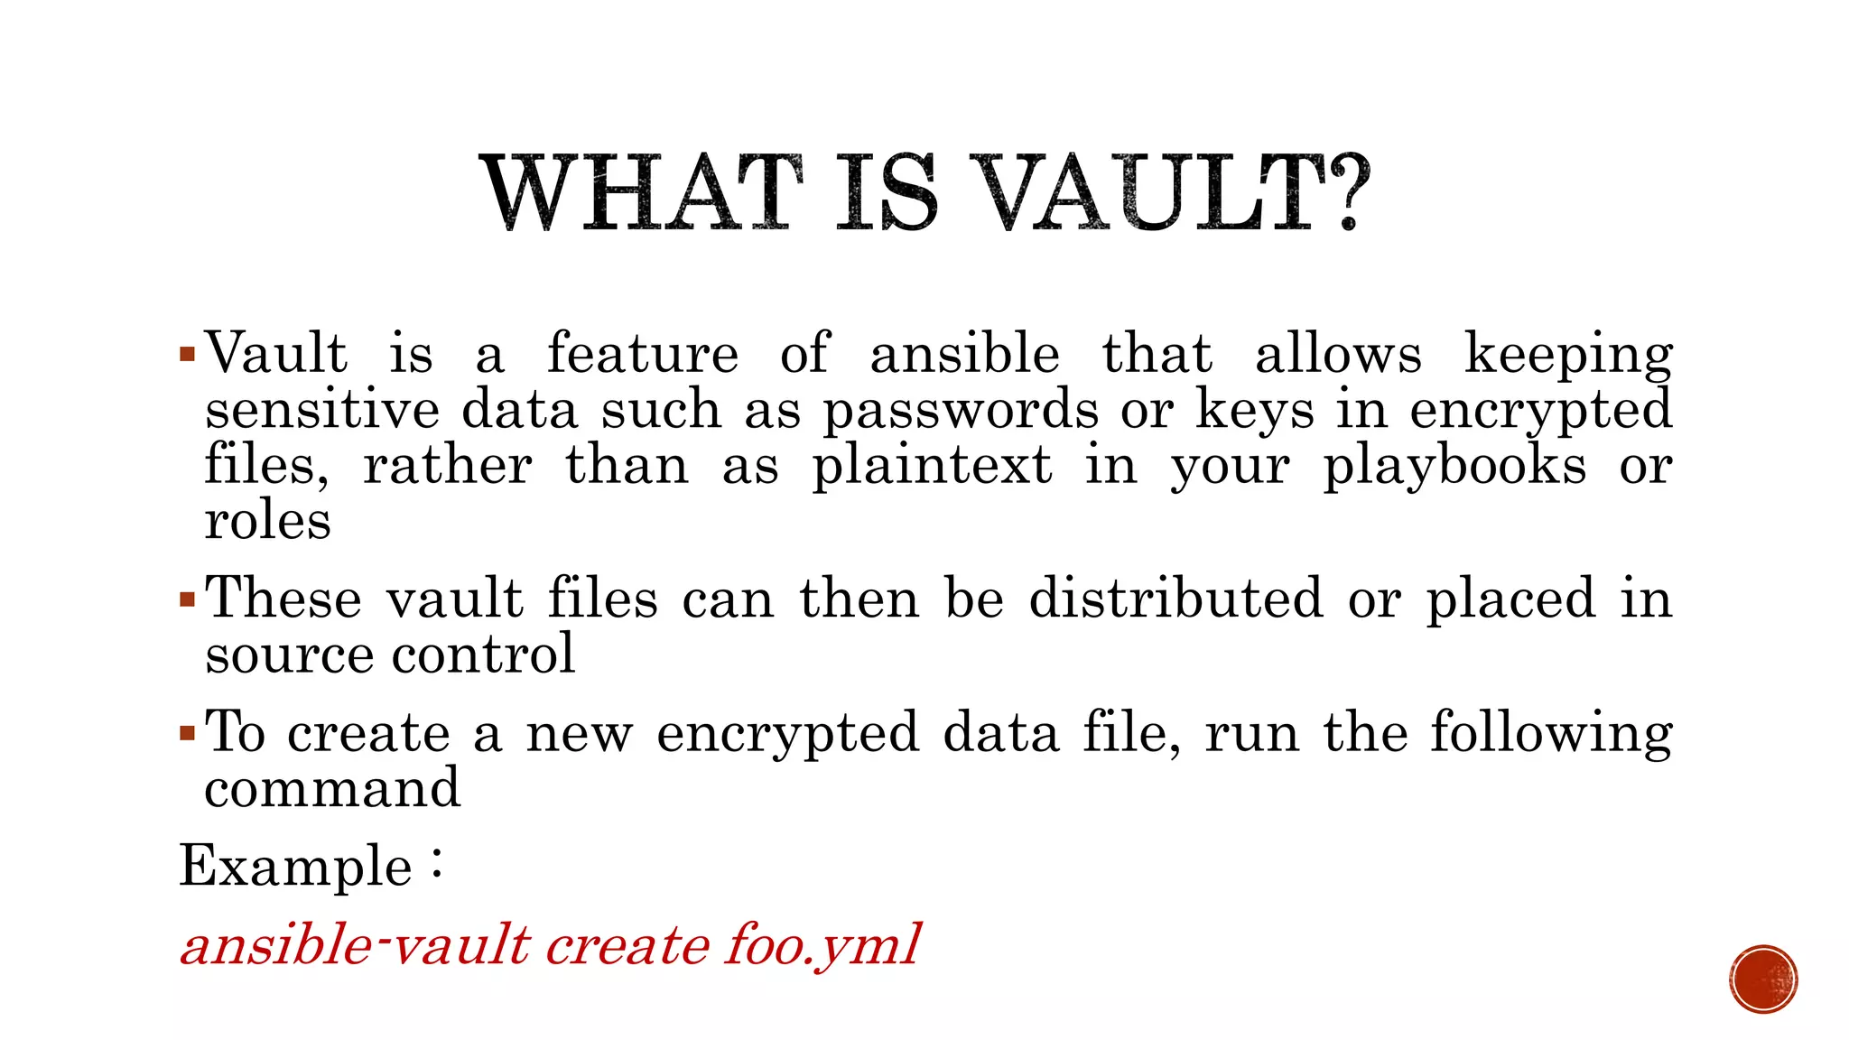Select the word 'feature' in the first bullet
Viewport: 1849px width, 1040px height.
[x=642, y=353]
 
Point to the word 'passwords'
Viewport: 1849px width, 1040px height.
[x=961, y=411]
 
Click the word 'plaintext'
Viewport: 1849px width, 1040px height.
[x=932, y=467]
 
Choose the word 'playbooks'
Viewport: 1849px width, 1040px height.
[x=1454, y=467]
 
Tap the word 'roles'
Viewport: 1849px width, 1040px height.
[x=267, y=521]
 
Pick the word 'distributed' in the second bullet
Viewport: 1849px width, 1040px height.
[x=1175, y=598]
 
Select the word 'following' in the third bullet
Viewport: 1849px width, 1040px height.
[x=1551, y=733]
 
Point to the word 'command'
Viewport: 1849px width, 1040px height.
[x=332, y=788]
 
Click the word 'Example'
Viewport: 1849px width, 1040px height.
[x=295, y=866]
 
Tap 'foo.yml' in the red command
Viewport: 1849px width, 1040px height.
[x=822, y=946]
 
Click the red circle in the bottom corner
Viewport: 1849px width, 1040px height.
[x=1763, y=980]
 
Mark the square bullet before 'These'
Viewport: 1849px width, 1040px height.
[x=187, y=599]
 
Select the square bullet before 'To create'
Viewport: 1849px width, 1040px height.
[x=187, y=732]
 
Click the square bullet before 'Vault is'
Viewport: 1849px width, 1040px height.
[x=187, y=353]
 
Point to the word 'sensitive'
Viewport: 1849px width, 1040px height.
[x=321, y=411]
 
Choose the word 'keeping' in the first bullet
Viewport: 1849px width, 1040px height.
[x=1568, y=355]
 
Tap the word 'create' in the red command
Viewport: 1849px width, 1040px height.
[x=627, y=946]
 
